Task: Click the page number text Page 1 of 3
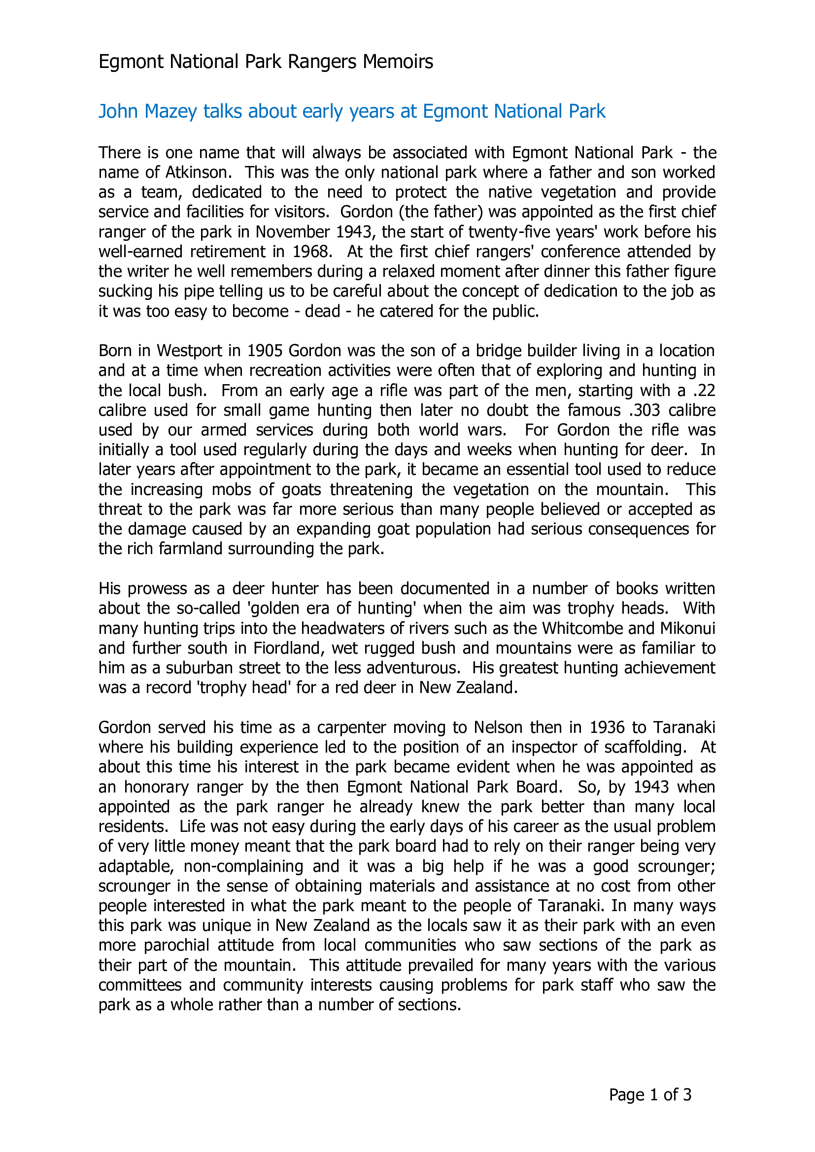[x=650, y=1095]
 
